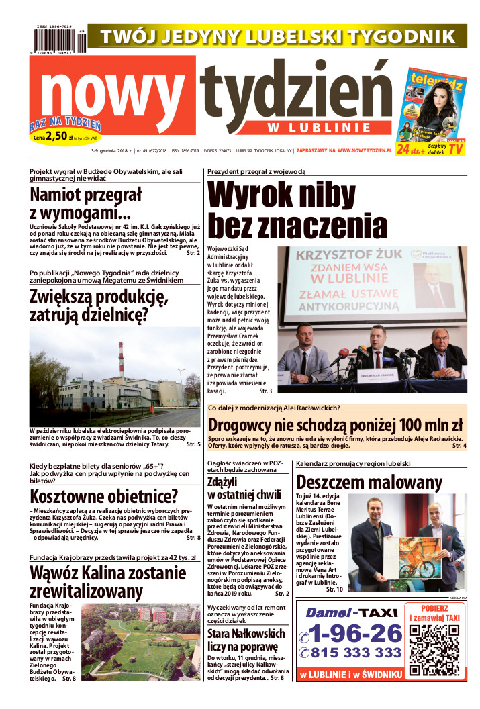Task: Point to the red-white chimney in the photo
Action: (x=121, y=361)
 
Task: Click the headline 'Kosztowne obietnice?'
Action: (x=104, y=496)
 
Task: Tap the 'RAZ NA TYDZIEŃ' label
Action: (x=65, y=124)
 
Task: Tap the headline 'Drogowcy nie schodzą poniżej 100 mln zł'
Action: (x=336, y=425)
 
